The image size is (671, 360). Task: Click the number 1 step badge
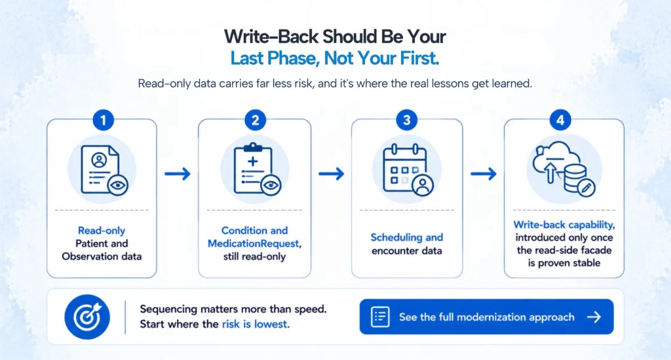click(x=103, y=120)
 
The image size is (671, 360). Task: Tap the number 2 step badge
click(x=255, y=120)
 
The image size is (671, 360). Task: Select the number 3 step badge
click(x=406, y=120)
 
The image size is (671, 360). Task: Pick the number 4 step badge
click(x=560, y=120)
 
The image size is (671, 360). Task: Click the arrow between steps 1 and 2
click(x=178, y=174)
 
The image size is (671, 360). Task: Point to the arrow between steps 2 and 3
click(x=331, y=174)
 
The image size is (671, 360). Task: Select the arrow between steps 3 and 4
click(x=484, y=174)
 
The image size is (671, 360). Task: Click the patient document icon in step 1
click(x=100, y=170)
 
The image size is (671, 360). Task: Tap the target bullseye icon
click(x=87, y=317)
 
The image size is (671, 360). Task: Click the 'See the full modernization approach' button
click(x=487, y=317)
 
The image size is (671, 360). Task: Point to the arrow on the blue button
click(x=594, y=317)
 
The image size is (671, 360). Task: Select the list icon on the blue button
click(x=380, y=317)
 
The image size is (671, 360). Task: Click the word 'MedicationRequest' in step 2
click(x=254, y=243)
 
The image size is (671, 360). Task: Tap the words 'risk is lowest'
click(x=254, y=324)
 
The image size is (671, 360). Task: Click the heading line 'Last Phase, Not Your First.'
click(x=335, y=58)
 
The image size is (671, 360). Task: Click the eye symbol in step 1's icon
click(x=118, y=186)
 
